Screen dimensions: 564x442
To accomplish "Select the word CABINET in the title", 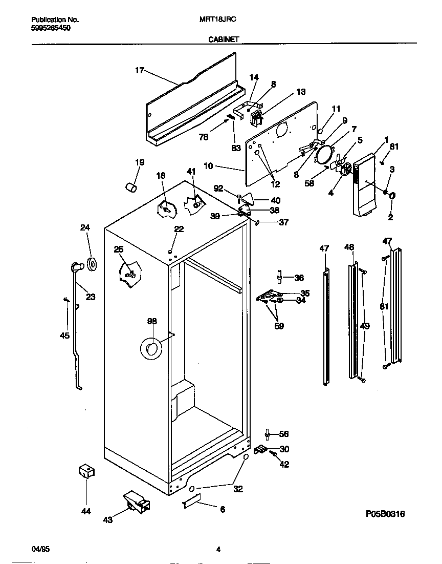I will (223, 39).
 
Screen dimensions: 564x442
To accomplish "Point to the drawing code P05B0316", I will (385, 514).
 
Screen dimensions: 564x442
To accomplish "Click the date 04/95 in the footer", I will (41, 550).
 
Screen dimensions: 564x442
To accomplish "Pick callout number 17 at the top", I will (140, 71).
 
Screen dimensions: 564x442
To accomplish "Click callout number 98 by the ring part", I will (152, 321).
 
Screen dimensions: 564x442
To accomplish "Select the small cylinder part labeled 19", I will (131, 186).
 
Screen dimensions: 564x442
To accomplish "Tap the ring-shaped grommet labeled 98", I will (151, 349).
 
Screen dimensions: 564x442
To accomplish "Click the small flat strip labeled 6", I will (190, 505).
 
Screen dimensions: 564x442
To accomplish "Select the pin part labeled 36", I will (279, 277).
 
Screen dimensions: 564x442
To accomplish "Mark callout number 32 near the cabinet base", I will (238, 489).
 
